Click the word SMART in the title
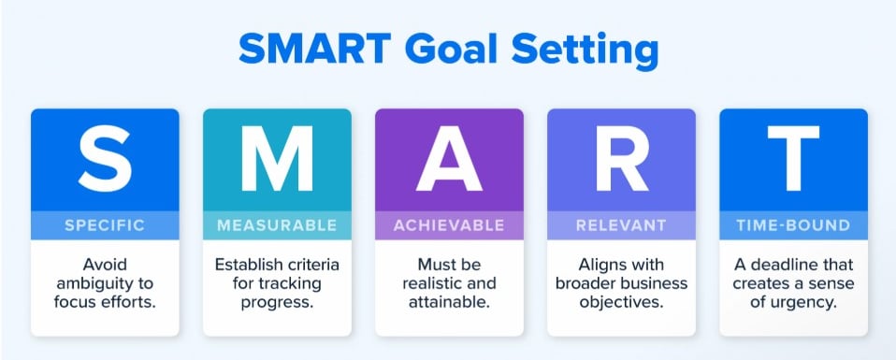[x=314, y=49]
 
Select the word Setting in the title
[x=585, y=52]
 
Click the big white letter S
[x=105, y=159]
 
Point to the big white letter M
[x=277, y=159]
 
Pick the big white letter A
[x=449, y=159]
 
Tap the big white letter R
[x=622, y=159]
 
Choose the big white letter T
[x=793, y=159]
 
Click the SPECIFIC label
[x=105, y=225]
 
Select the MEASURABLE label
[x=277, y=225]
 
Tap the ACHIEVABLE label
[x=449, y=225]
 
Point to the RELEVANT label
[x=621, y=225]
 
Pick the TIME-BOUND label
[x=793, y=225]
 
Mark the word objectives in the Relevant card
[x=622, y=303]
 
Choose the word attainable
[x=449, y=303]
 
